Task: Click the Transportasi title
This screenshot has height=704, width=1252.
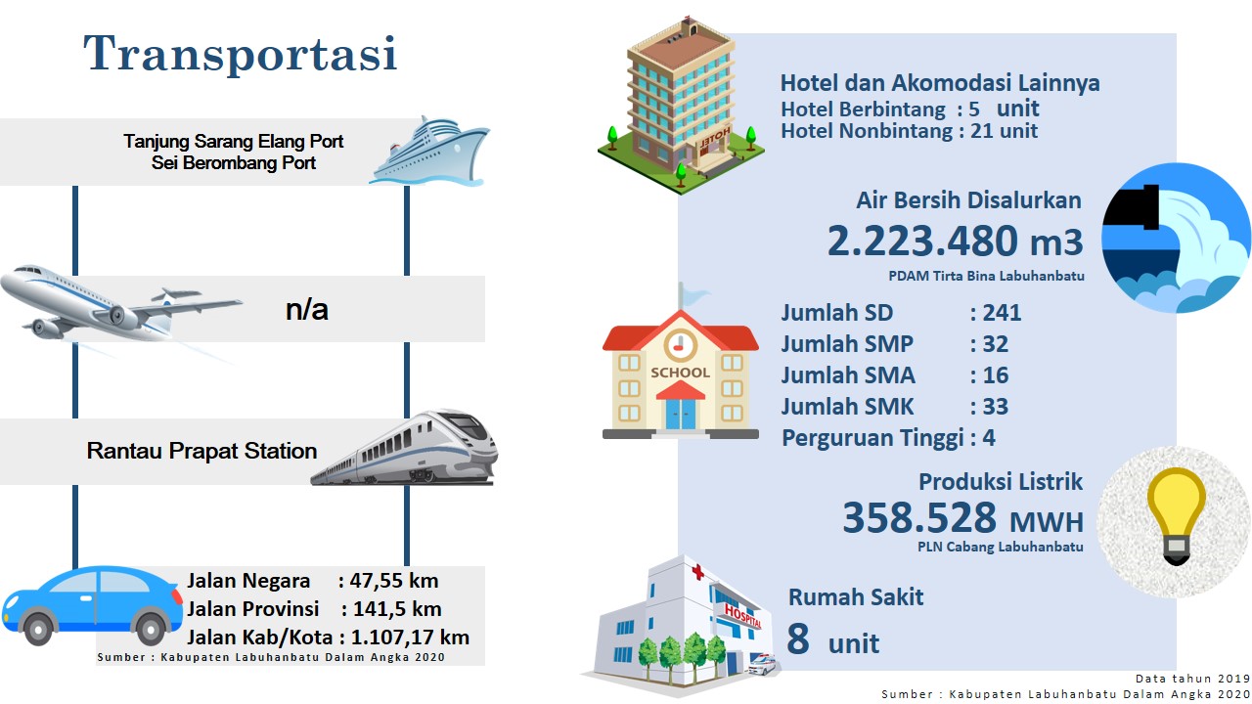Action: [x=241, y=53]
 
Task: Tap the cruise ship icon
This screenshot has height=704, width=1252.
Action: [x=429, y=151]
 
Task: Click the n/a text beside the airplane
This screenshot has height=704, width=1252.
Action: [x=307, y=310]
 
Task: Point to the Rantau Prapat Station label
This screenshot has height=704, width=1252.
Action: [x=201, y=451]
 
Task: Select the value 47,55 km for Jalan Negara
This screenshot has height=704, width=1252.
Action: [x=394, y=581]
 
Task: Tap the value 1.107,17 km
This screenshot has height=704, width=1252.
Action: [x=410, y=637]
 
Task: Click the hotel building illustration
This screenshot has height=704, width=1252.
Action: [x=681, y=107]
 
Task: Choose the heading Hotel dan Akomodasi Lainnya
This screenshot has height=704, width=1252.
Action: [x=940, y=83]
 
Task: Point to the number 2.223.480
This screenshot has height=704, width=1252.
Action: [x=922, y=241]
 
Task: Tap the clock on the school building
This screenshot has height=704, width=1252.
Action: [x=680, y=345]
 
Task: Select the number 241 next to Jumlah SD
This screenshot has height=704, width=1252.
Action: [x=1003, y=312]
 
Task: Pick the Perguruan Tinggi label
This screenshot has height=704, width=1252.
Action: [x=873, y=438]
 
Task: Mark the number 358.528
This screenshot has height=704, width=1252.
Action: [x=919, y=517]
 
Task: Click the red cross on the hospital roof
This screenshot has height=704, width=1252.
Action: [x=697, y=572]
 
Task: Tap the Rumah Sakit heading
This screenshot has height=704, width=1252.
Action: [x=856, y=596]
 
